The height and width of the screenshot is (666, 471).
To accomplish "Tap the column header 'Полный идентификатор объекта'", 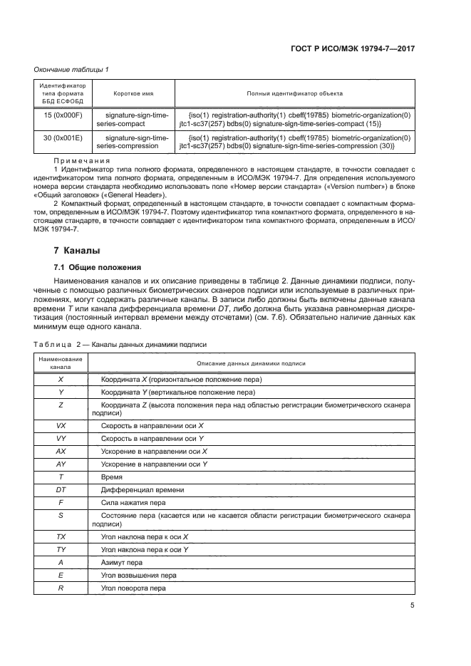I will (294, 93).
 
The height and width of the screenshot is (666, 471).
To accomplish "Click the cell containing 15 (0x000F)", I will (63, 114).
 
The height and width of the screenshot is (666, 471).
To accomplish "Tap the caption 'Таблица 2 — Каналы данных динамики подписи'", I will (120, 344).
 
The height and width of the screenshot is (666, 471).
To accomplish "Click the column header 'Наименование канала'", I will (61, 363).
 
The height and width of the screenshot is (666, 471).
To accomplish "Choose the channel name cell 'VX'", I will (61, 425).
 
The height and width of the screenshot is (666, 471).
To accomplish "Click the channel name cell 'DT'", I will (61, 489).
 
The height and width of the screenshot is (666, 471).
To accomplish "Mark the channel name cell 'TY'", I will (61, 549).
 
